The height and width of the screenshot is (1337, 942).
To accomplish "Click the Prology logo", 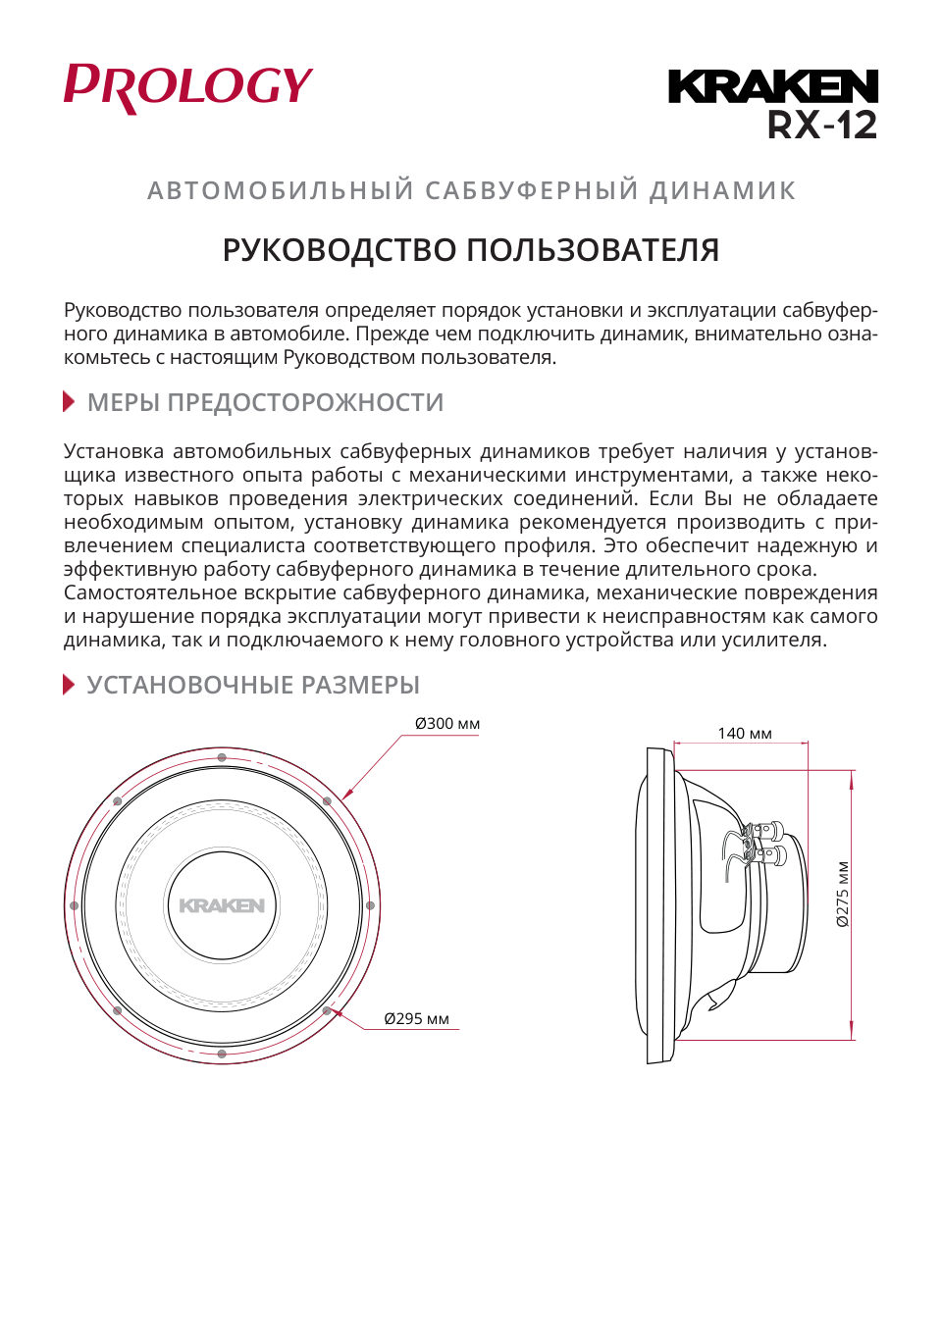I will tap(187, 87).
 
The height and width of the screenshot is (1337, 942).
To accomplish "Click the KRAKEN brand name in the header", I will tap(772, 86).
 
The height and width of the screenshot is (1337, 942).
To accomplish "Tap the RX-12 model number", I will tap(822, 126).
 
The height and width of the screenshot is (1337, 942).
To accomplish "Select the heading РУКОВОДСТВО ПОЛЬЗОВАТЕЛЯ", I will tap(470, 250).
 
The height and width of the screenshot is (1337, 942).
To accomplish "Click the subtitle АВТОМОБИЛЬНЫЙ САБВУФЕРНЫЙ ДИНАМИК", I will tap(471, 190).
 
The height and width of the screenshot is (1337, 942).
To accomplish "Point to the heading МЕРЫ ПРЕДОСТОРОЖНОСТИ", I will tap(265, 402).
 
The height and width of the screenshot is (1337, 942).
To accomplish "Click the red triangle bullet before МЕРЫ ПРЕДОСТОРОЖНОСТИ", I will tap(69, 401).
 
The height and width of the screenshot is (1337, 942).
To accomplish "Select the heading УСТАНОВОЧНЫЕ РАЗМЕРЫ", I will tap(253, 685).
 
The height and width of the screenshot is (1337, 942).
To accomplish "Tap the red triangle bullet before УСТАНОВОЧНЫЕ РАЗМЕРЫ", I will tap(69, 684).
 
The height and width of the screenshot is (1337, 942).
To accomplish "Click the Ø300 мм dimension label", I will tap(446, 724).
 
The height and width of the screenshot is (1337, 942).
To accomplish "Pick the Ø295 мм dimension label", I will tap(416, 1019).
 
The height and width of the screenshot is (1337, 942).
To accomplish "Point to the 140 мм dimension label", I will tap(744, 733).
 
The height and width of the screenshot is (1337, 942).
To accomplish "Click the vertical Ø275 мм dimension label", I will tap(842, 894).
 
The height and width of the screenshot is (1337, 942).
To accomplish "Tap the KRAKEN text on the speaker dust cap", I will tap(222, 905).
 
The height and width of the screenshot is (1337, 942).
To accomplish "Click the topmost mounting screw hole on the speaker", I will tap(222, 757).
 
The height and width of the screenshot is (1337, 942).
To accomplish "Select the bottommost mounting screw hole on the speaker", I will tap(222, 1054).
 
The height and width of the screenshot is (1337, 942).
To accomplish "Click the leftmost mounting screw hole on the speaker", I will tap(74, 905).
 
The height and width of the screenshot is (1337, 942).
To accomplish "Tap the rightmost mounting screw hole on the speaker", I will tap(370, 905).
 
